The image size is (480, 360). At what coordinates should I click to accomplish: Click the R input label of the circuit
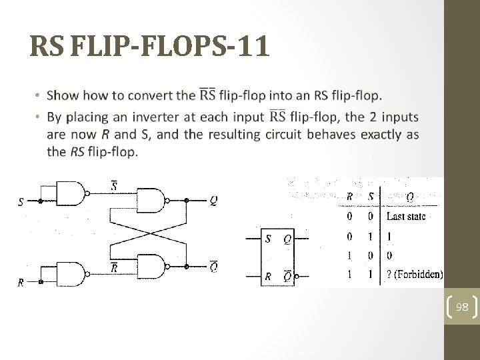21,283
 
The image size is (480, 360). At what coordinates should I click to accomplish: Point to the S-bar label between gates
113,185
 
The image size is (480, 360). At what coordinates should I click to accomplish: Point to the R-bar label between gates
113,267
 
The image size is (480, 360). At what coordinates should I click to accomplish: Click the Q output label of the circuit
213,200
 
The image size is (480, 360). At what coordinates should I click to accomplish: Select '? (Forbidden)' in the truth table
415,274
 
